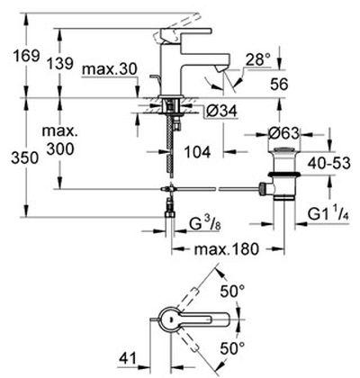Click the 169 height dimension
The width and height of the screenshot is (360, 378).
[x=26, y=56]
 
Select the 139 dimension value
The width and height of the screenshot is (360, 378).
[x=60, y=63]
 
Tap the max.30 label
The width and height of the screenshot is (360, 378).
[x=110, y=69]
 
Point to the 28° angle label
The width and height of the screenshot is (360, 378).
[x=258, y=60]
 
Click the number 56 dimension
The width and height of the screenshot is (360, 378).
[x=279, y=84]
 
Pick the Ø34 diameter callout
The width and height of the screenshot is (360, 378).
[x=221, y=112]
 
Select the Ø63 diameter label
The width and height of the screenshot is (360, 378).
[x=284, y=133]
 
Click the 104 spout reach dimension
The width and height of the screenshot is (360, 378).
[x=197, y=152]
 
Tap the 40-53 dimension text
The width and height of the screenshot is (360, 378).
[x=329, y=164]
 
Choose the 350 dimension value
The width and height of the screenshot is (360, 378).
[x=24, y=158]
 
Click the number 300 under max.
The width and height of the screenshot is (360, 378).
[x=60, y=148]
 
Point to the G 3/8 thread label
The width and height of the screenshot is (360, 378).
[x=205, y=225]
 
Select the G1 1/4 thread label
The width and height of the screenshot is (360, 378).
[x=328, y=215]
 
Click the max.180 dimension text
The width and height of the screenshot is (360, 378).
[x=226, y=249]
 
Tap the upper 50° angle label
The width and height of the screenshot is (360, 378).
[x=232, y=291]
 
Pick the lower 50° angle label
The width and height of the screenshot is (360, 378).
[x=232, y=348]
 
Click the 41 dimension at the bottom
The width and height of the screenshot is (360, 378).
[x=128, y=358]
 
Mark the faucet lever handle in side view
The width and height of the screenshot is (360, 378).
[x=186, y=31]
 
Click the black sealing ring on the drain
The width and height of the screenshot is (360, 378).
[x=284, y=174]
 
